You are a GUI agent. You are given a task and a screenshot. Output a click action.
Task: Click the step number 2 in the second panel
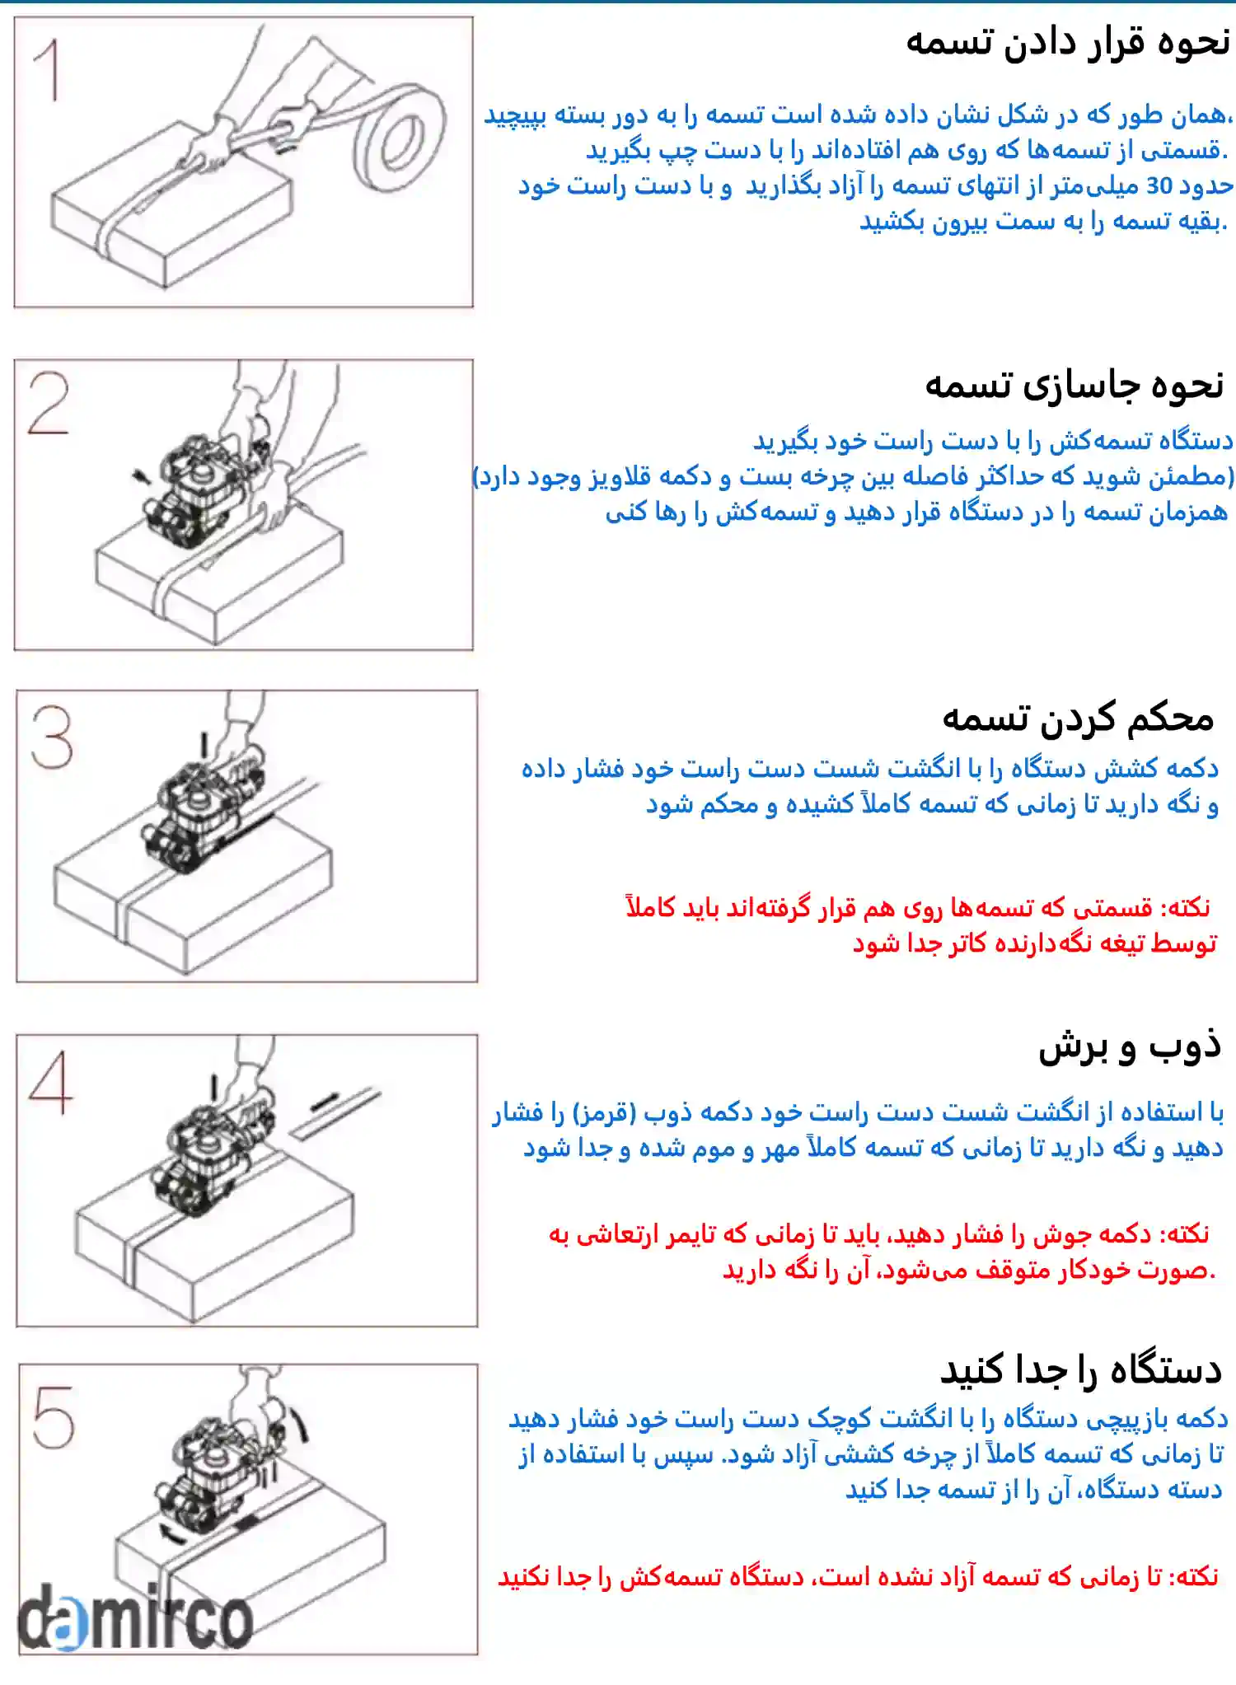point(49,403)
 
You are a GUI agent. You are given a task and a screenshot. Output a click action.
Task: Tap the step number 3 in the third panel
point(52,737)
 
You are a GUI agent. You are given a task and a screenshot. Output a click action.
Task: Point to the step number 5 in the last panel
point(54,1417)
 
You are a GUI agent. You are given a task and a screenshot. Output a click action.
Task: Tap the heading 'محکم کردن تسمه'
point(1078,718)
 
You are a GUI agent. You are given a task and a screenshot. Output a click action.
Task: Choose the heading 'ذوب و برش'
point(1129,1046)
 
